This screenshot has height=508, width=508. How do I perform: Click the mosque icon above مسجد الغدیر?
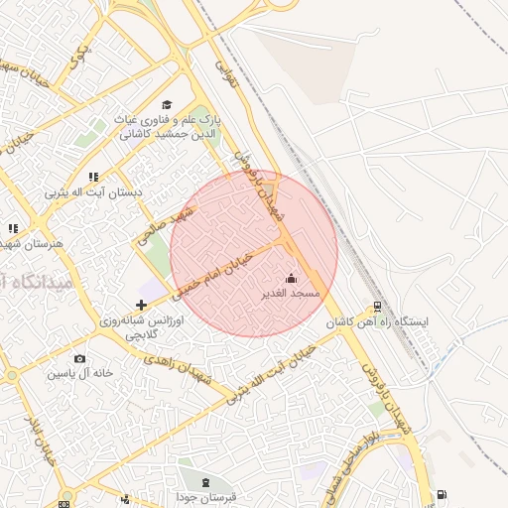(x=291, y=279)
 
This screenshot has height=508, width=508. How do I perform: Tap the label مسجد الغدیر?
(x=291, y=294)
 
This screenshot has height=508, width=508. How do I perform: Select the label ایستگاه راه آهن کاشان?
(x=382, y=323)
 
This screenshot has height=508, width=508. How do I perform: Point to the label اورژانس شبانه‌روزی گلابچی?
(x=139, y=328)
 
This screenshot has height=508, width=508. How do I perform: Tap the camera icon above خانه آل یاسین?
(x=79, y=358)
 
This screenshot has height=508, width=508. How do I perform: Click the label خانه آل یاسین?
(x=79, y=374)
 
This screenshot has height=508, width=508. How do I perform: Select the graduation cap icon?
(x=167, y=104)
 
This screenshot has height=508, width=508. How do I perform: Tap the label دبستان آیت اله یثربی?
(x=94, y=191)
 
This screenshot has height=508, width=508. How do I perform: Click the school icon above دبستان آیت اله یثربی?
(x=93, y=177)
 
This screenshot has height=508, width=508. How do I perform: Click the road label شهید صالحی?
(x=166, y=227)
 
